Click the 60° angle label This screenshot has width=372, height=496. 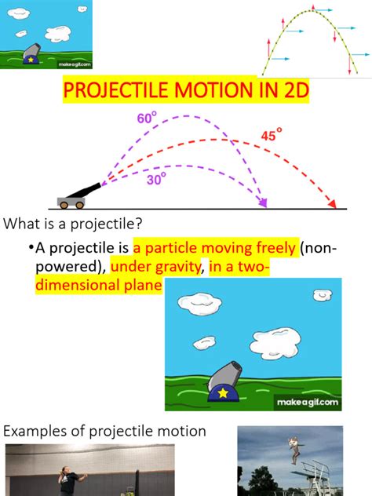click(x=147, y=119)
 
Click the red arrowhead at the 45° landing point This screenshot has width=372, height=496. click(x=335, y=204)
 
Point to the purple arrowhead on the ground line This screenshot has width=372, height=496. click(x=263, y=203)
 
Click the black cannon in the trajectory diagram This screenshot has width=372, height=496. click(x=79, y=195)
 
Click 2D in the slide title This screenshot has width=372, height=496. click(x=291, y=93)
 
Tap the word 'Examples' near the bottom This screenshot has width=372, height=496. click(x=38, y=431)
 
